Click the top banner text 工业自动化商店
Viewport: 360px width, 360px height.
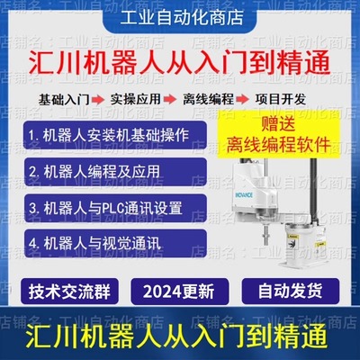click(x=180, y=17)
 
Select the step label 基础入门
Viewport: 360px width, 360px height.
click(x=64, y=95)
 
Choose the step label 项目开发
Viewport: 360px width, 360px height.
click(x=281, y=95)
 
